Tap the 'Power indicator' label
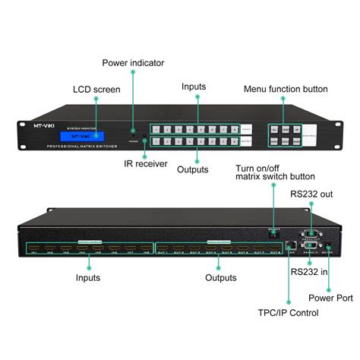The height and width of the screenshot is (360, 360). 133,63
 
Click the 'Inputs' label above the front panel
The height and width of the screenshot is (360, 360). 194,87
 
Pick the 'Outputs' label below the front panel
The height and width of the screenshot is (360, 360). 194,169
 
